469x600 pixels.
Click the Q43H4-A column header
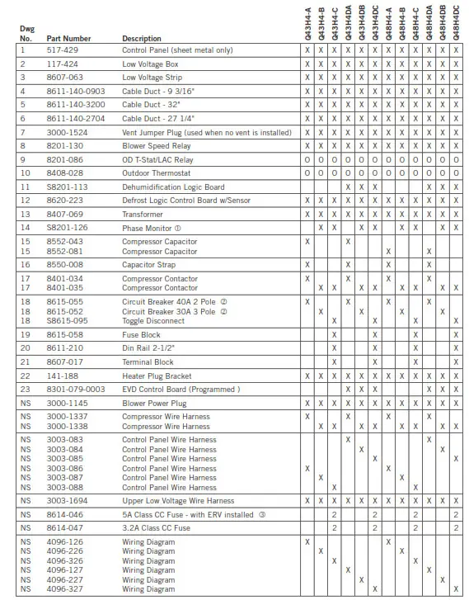(x=307, y=21)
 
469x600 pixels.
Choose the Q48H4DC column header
(x=456, y=21)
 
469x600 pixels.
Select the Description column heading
(x=142, y=38)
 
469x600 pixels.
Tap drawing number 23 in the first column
(x=25, y=388)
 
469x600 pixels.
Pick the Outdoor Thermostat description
(x=156, y=173)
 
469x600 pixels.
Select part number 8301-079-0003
(x=76, y=388)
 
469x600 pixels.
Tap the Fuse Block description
(x=141, y=334)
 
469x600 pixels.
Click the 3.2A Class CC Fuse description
(x=156, y=527)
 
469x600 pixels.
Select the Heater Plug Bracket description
(x=157, y=376)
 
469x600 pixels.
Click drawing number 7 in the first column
(x=23, y=131)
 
